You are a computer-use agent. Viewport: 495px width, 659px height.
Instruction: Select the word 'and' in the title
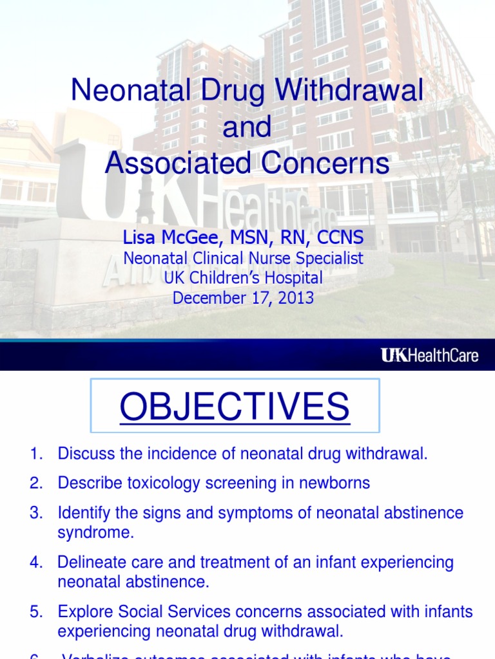point(247,127)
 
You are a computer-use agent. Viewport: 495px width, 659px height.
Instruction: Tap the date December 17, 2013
point(244,298)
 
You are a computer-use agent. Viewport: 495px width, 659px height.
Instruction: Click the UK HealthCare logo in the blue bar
point(429,355)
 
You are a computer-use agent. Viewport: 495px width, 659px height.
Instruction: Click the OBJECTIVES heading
point(235,407)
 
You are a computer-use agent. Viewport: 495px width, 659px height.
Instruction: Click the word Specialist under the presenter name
point(329,259)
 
